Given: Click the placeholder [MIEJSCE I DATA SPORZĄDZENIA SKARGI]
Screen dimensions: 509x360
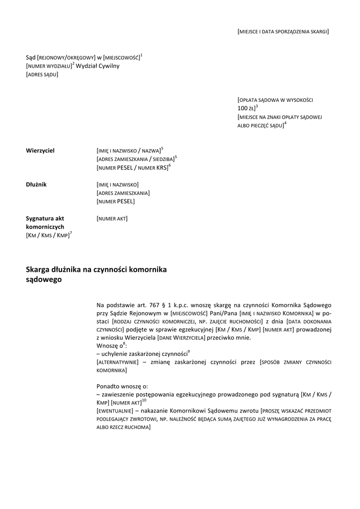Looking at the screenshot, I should (283, 31).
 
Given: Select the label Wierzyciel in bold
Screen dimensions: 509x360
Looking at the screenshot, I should (40, 150).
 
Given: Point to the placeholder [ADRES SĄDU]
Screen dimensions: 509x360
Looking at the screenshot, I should (42, 75).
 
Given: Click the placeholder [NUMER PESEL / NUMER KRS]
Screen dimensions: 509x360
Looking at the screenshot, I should (132, 168).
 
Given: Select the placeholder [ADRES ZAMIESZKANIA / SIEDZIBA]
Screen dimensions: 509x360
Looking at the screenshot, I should (135, 159).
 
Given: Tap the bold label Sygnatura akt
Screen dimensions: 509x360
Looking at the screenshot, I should (45, 218).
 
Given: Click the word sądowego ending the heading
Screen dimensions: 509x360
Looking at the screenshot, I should (44, 280).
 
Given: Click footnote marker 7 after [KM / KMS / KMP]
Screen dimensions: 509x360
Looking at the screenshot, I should (71, 233).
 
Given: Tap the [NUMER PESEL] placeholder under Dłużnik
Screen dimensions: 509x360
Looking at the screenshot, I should (115, 201).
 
